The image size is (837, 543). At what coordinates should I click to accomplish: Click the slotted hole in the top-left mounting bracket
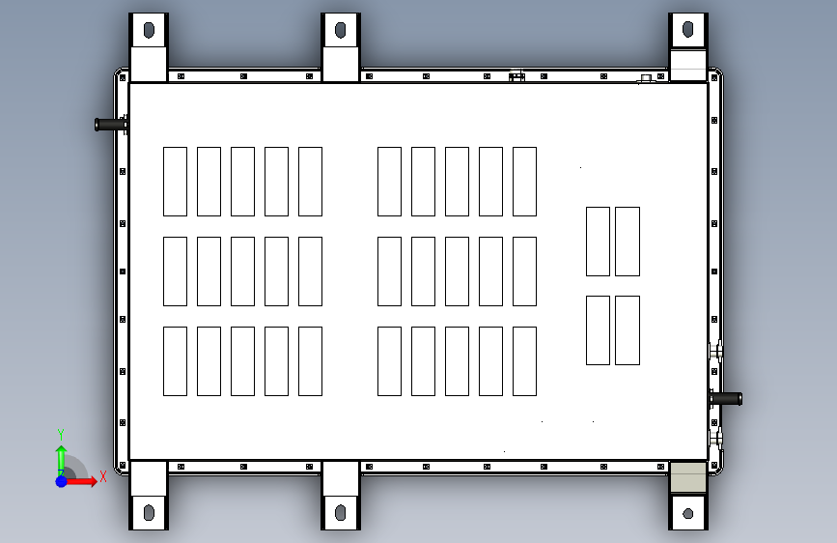pos(149,30)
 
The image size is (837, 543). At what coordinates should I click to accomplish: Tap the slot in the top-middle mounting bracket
pos(341,30)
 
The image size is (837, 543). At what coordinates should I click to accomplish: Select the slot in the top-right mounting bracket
pos(688,30)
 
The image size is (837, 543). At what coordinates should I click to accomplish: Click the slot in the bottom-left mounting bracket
pos(149,512)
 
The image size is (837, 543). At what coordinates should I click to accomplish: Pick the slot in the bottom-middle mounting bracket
pos(341,512)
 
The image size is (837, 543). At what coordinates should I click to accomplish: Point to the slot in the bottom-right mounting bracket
pos(688,513)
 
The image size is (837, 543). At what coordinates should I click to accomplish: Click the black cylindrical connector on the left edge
pos(111,124)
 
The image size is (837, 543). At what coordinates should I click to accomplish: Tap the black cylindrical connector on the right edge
pos(727,398)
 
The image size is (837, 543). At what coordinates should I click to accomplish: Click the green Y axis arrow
pos(61,457)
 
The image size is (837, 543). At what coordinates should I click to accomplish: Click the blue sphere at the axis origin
pos(61,480)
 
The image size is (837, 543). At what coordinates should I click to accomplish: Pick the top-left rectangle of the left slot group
pos(175,182)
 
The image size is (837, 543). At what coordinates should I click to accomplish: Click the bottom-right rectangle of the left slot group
pos(310,361)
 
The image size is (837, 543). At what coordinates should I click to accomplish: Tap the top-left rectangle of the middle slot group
pos(389,182)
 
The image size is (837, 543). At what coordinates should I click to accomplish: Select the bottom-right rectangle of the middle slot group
pos(524,361)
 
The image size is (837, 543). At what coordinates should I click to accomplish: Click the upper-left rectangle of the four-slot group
pos(598,242)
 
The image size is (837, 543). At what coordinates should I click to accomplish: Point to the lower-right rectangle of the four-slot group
pos(628,330)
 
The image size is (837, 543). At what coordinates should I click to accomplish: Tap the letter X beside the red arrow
pos(102,476)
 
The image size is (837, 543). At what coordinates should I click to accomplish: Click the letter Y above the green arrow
pos(60,435)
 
